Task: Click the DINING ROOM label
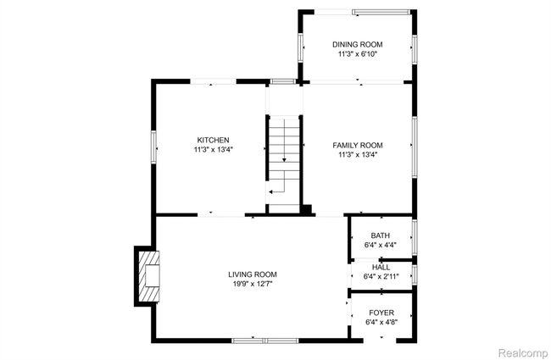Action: [x=358, y=45]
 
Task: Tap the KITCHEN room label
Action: [x=213, y=140]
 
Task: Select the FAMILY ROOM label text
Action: [x=358, y=145]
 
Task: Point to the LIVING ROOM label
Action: [x=253, y=274]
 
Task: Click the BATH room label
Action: [x=381, y=235]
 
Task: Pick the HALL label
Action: [x=381, y=268]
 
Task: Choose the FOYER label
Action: [x=381, y=313]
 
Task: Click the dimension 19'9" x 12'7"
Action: [x=253, y=284]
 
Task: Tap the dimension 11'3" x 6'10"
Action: [x=358, y=54]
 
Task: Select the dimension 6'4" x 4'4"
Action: [x=381, y=245]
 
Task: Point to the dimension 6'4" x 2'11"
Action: [x=381, y=276]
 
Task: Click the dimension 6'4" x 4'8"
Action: [x=381, y=322]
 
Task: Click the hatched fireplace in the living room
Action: [x=149, y=276]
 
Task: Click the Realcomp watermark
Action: [x=523, y=352]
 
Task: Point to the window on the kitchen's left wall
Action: [x=153, y=147]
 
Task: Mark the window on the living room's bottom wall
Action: [x=265, y=341]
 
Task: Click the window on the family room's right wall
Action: [x=415, y=147]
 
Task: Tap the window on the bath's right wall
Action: [x=415, y=237]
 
